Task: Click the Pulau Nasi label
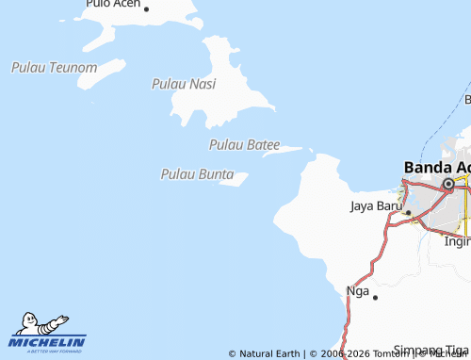[184, 84]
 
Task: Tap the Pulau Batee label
[244, 144]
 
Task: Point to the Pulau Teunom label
[54, 68]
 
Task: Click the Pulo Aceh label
[112, 5]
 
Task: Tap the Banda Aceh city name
[436, 167]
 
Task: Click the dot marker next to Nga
[375, 297]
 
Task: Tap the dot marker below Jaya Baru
[407, 213]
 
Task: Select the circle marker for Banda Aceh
[448, 186]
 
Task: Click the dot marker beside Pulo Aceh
[147, 7]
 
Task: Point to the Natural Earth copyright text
[265, 354]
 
